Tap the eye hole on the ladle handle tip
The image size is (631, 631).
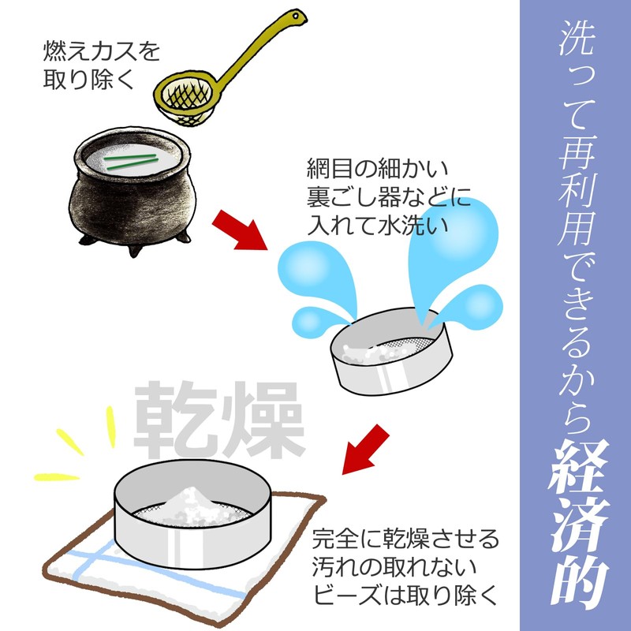[297, 17]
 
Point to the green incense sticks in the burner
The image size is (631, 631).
[131, 162]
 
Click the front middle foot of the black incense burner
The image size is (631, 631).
[135, 250]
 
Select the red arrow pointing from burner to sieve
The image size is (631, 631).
[240, 230]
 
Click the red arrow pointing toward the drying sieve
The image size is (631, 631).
[365, 450]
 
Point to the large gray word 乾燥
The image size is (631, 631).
[218, 420]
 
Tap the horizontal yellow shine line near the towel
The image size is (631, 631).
[56, 477]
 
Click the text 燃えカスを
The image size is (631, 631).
[102, 51]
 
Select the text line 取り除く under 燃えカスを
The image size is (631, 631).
[88, 79]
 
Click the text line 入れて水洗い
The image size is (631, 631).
[378, 225]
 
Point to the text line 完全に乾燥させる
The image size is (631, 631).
[405, 540]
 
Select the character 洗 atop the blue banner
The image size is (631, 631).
[577, 37]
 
